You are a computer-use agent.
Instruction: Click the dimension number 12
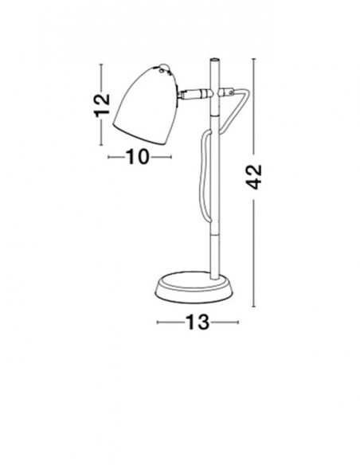point(102,105)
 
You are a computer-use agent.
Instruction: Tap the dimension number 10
point(137,157)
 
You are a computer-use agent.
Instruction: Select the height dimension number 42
point(254,177)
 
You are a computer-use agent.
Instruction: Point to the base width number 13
point(198,322)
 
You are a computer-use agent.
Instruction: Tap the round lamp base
point(194,287)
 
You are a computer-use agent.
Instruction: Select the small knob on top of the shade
point(163,67)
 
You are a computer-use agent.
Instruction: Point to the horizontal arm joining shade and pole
point(196,94)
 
